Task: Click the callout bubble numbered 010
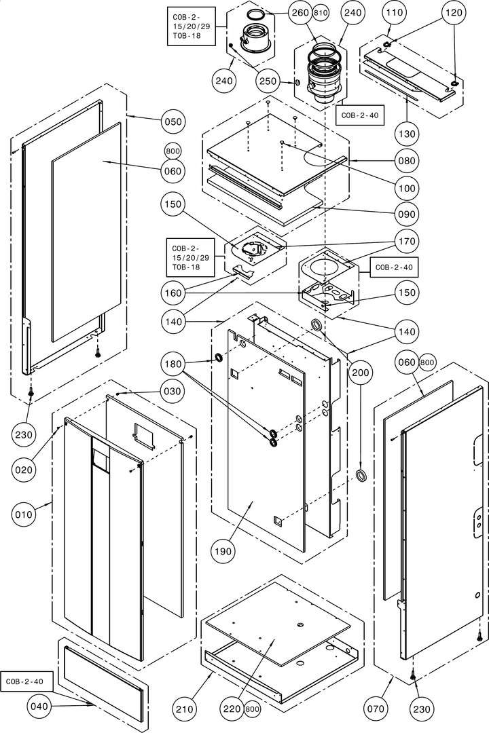click(24, 515)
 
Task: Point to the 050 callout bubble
click(173, 121)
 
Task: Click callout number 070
click(376, 710)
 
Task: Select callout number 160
click(173, 293)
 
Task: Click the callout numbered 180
click(173, 364)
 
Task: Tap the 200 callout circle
click(361, 373)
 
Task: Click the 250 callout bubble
click(269, 81)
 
